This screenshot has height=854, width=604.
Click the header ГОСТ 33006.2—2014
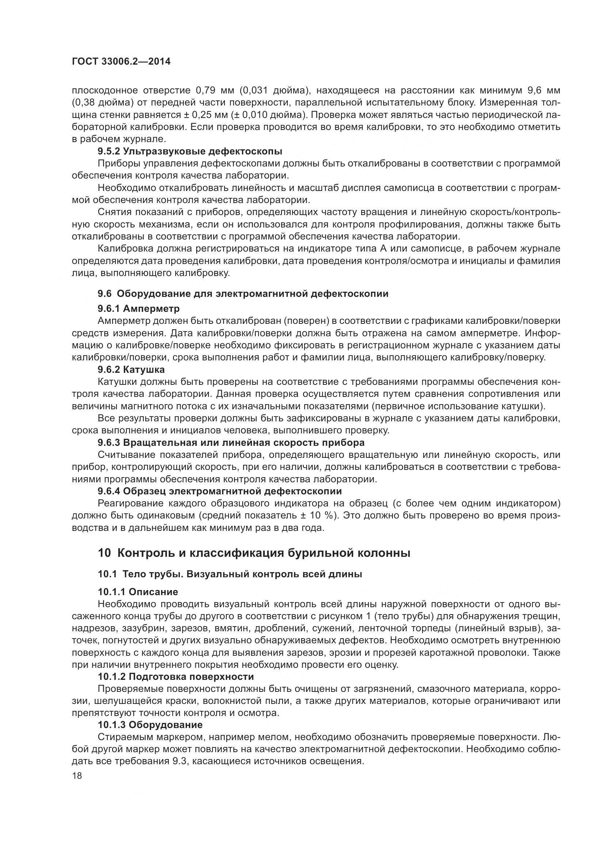click(x=121, y=62)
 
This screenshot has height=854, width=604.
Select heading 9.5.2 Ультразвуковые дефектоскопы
click(x=190, y=152)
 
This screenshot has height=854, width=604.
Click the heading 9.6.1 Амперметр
click(x=138, y=309)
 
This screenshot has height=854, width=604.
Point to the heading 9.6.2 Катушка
click(x=131, y=370)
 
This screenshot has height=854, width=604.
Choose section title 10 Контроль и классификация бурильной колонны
click(x=254, y=553)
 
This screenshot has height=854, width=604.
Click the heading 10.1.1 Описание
click(x=138, y=592)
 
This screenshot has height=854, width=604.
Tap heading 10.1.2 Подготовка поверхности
click(x=176, y=677)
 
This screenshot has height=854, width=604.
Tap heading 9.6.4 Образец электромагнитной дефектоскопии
click(x=219, y=491)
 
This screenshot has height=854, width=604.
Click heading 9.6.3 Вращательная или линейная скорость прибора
click(x=230, y=443)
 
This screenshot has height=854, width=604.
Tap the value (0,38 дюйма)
click(x=99, y=103)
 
